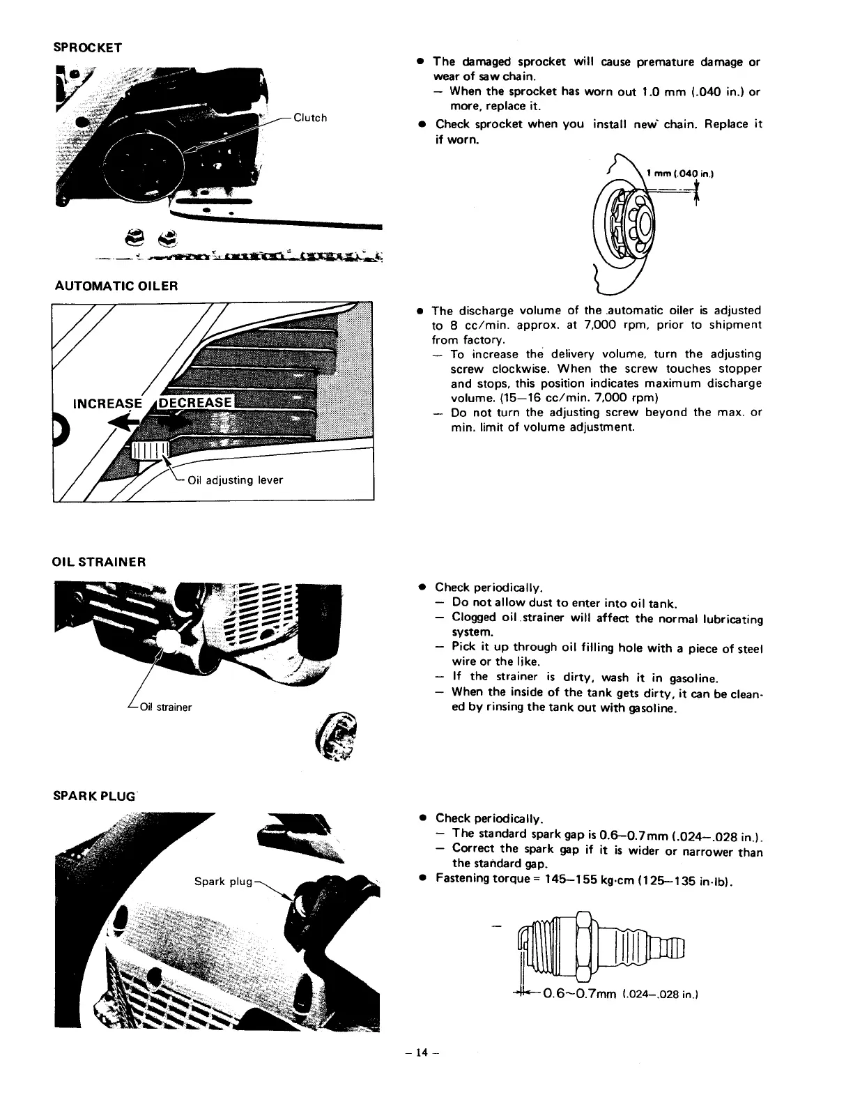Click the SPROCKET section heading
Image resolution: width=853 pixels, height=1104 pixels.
point(88,47)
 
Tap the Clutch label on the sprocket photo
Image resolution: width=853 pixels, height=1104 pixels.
point(310,117)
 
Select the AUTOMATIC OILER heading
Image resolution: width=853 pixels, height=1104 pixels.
point(116,286)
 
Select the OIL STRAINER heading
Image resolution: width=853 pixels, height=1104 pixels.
point(100,562)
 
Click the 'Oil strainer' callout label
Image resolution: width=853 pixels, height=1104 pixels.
point(166,707)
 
